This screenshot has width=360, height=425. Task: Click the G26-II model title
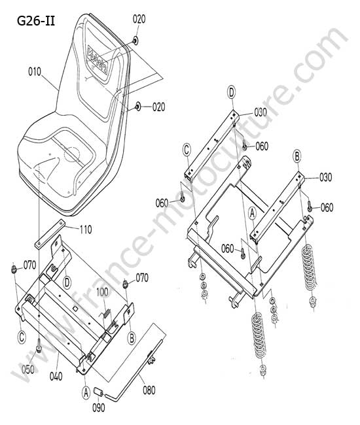tap(36, 21)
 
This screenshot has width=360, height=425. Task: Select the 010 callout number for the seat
tap(35, 72)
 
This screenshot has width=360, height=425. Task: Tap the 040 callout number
tap(56, 376)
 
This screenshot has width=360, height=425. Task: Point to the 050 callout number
tap(28, 369)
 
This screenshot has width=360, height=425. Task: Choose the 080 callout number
tap(149, 390)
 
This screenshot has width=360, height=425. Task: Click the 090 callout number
tap(98, 407)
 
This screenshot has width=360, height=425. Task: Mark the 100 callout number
tap(102, 292)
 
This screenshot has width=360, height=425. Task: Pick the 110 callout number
tap(86, 230)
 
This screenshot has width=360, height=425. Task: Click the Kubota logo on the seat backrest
tap(98, 60)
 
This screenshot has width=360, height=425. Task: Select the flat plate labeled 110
tap(50, 234)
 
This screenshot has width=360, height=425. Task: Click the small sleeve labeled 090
tap(98, 392)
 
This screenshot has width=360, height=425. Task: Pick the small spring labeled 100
tap(107, 314)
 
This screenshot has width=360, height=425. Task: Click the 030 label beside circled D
tap(261, 112)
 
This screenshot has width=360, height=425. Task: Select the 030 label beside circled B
tap(325, 177)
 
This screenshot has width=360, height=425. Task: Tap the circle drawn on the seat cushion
tap(71, 154)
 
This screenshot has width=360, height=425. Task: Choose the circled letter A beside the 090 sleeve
tap(86, 392)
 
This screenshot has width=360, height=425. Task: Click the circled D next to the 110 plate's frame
tap(67, 283)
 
